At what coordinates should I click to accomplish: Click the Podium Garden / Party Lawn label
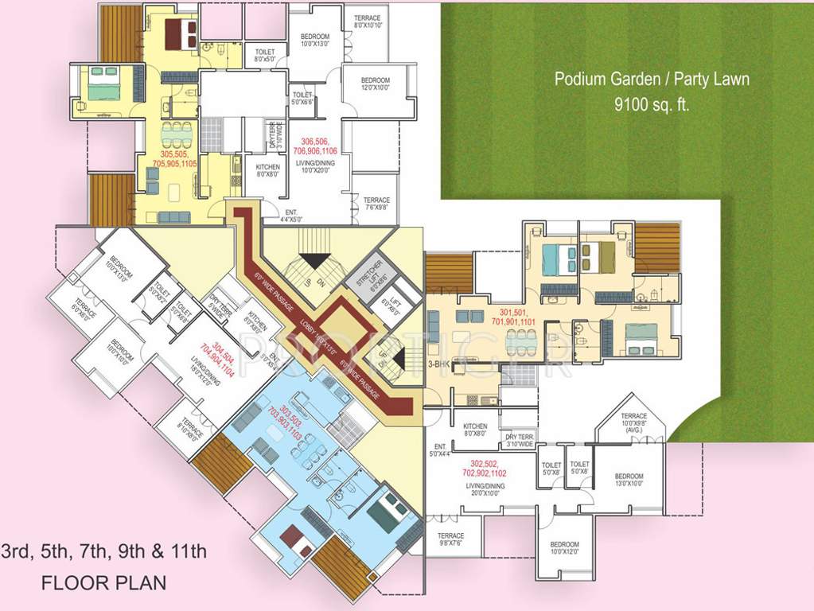click(x=652, y=80)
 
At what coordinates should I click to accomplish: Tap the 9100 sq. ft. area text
click(x=652, y=103)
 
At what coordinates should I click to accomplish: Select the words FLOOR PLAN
click(x=103, y=582)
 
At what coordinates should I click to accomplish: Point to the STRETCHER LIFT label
click(x=368, y=274)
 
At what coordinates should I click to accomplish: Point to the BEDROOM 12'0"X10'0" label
click(x=375, y=84)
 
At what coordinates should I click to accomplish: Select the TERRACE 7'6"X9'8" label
click(x=376, y=204)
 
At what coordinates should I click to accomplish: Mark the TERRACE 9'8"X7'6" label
click(x=450, y=540)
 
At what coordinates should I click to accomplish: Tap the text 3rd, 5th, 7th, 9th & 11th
click(x=103, y=551)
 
